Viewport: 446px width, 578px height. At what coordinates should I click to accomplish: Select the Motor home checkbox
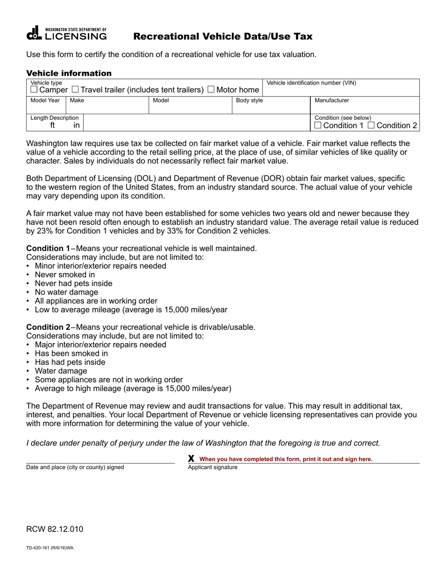point(211,90)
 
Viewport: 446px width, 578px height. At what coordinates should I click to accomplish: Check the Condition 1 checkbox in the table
point(318,125)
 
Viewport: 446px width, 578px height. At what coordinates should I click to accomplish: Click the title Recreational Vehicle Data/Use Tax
point(223,37)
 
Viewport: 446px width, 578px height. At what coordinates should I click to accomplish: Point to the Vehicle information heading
point(69,73)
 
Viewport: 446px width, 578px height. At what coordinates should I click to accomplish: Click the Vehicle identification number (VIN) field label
point(311,83)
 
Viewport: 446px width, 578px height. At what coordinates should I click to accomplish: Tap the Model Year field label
point(45,101)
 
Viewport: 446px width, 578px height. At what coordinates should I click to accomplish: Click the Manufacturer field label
point(331,101)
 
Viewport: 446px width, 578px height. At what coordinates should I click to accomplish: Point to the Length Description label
point(54,117)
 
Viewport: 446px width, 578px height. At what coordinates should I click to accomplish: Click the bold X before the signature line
point(191,459)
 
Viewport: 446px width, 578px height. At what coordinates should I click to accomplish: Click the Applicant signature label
point(213,468)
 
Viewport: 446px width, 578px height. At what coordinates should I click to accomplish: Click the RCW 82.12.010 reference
point(55,529)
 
